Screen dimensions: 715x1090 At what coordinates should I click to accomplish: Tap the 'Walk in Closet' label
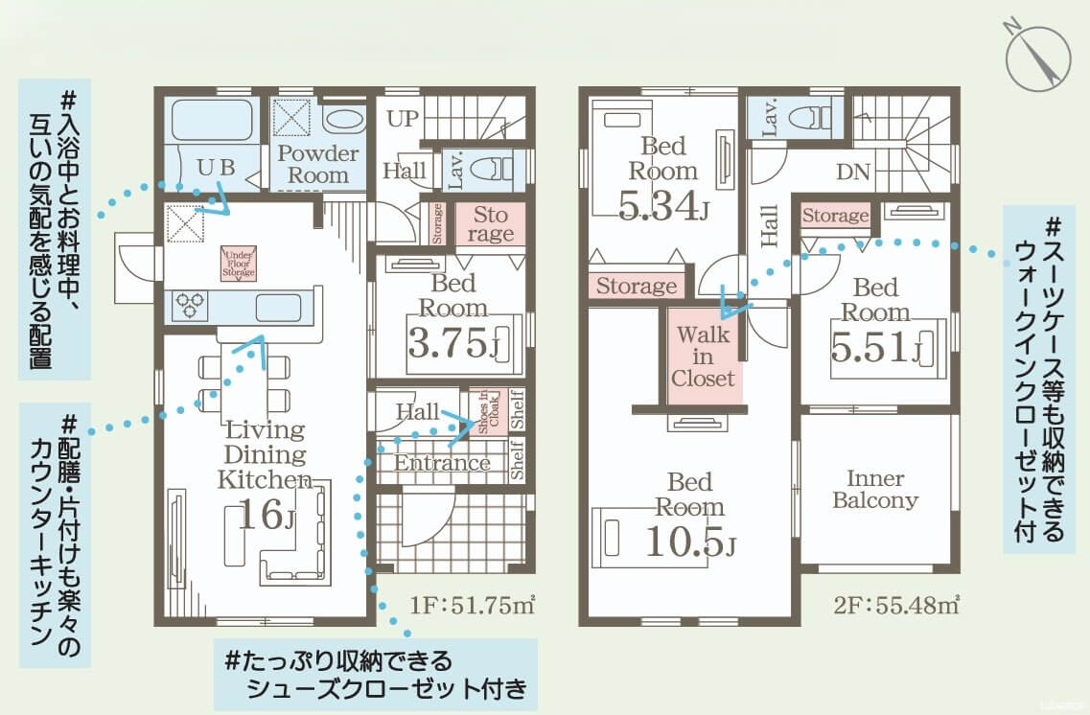tap(703, 357)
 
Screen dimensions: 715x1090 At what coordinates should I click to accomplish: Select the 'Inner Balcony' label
tap(874, 489)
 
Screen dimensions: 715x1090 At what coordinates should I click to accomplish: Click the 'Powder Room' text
tap(318, 165)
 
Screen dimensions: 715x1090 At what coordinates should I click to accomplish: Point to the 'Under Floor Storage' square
tap(239, 263)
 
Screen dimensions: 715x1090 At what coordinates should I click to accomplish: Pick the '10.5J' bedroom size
tap(690, 542)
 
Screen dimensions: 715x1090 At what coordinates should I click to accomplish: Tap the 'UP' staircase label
tap(404, 120)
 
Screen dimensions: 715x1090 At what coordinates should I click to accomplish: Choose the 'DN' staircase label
tap(852, 173)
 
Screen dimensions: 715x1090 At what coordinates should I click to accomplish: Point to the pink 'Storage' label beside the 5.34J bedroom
tap(637, 286)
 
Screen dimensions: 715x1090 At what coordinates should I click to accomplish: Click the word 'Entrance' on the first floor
tap(442, 464)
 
